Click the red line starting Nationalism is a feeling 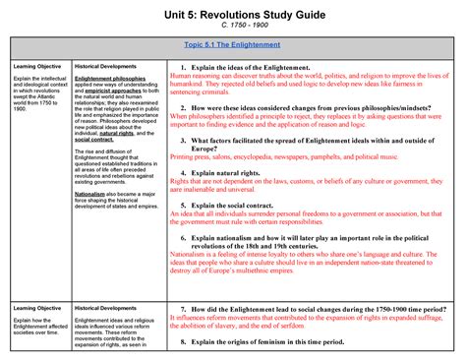coord(311,254)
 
